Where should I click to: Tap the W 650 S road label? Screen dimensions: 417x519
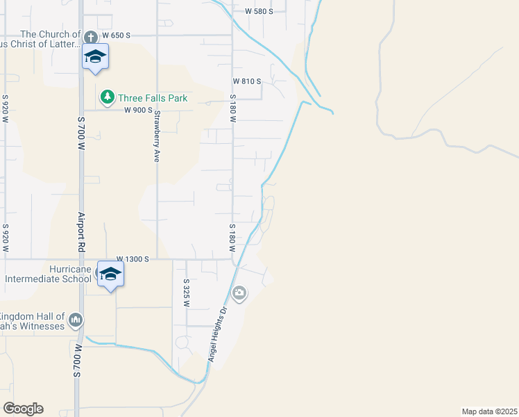click(116, 35)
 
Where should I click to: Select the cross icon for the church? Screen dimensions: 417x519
click(91, 35)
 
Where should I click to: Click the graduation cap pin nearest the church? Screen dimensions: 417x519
click(95, 57)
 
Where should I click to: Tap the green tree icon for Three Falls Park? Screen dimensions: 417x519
click(107, 97)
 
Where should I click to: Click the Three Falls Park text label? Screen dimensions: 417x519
click(152, 98)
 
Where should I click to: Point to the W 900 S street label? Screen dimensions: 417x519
click(138, 110)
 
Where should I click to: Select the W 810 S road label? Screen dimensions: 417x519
click(246, 81)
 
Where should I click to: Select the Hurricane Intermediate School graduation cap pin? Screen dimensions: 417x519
click(110, 274)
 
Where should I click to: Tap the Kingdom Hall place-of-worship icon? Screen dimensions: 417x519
click(76, 320)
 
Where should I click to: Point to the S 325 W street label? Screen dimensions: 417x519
click(187, 293)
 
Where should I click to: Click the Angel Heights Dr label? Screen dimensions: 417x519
click(218, 334)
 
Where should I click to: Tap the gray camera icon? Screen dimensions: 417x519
click(239, 294)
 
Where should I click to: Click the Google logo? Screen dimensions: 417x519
click(23, 409)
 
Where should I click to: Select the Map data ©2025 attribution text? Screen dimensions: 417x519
click(489, 411)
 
